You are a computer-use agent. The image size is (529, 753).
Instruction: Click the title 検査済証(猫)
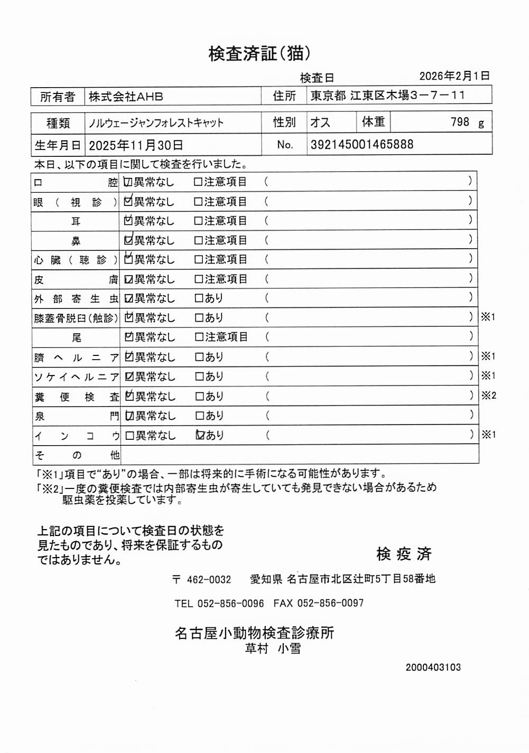click(259, 53)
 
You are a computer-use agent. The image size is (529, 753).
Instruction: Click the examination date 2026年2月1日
click(454, 76)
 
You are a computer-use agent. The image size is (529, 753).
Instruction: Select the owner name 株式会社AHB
click(126, 97)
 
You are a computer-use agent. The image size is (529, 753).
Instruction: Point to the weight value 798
click(460, 122)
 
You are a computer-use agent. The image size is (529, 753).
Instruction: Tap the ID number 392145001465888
click(362, 144)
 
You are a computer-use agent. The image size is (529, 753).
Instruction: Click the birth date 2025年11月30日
click(136, 145)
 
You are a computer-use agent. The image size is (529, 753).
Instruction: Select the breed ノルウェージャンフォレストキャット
click(156, 123)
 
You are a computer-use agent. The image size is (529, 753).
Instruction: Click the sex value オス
click(320, 123)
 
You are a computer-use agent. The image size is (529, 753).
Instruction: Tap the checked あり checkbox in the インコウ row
click(200, 435)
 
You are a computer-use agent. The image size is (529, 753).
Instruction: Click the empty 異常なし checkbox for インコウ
click(129, 436)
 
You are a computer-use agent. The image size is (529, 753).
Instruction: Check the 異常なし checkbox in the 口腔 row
click(128, 182)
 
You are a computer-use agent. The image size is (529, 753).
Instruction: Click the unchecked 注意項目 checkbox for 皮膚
click(199, 279)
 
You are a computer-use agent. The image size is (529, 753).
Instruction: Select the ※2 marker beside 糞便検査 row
click(488, 396)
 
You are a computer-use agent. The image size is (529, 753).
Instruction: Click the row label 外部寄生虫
click(76, 299)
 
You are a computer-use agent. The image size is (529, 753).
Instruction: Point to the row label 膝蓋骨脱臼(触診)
click(76, 318)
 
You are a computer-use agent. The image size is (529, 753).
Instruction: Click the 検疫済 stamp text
click(404, 554)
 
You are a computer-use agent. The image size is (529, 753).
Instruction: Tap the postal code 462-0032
click(209, 579)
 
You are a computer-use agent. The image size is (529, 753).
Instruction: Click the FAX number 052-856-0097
click(330, 603)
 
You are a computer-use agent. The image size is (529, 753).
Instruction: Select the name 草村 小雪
click(273, 648)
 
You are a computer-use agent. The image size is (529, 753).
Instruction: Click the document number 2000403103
click(433, 667)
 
